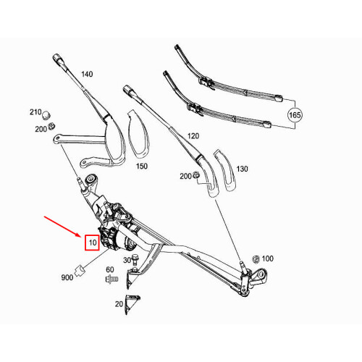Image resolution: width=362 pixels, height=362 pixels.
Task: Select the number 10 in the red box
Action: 92,243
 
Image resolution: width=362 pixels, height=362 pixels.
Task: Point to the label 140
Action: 87,75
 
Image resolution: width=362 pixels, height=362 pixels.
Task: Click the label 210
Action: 35,112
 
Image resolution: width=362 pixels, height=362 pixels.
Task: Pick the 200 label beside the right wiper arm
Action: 186,176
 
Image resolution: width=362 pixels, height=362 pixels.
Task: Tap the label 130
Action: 242,169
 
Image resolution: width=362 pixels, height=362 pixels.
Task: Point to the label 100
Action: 268,258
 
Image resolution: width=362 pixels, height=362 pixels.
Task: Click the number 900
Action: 67,277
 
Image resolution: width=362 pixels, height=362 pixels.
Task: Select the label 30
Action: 127,261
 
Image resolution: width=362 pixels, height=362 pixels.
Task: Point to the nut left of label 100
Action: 255,258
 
